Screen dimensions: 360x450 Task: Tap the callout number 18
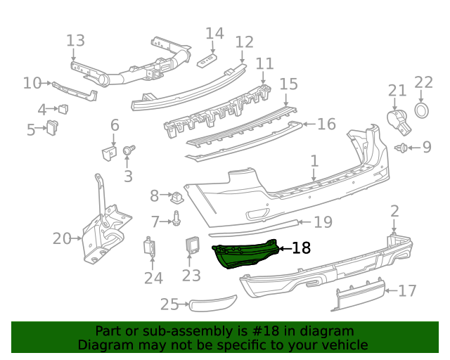coord(300,247)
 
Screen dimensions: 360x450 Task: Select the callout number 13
coord(75,41)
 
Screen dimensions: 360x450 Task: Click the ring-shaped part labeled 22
coord(422,110)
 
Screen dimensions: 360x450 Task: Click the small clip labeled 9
coord(403,148)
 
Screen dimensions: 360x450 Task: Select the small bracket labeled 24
coord(150,247)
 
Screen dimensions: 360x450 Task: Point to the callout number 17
coord(407,290)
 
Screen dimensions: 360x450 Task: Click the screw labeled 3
coord(129,150)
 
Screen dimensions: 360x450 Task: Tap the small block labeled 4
coord(63,108)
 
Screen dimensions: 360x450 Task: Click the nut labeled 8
coord(177,195)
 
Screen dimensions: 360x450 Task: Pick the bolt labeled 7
coord(176,221)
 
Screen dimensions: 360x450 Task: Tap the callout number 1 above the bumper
coord(315,162)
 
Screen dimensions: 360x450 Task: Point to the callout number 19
coord(323,222)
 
